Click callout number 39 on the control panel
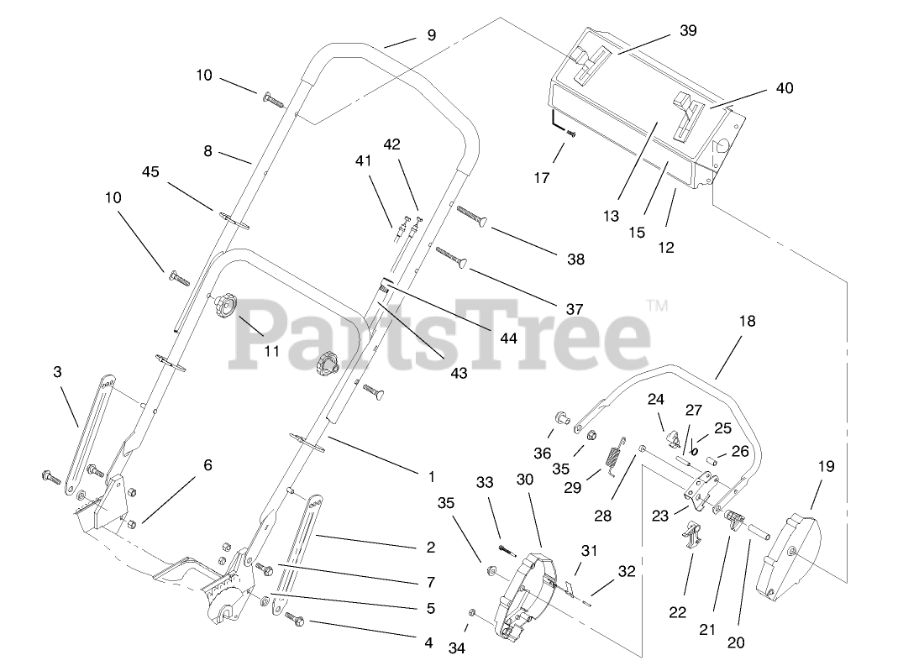click(x=688, y=31)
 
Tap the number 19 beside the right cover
click(x=826, y=466)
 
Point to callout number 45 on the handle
click(x=150, y=172)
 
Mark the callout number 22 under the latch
click(x=678, y=611)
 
